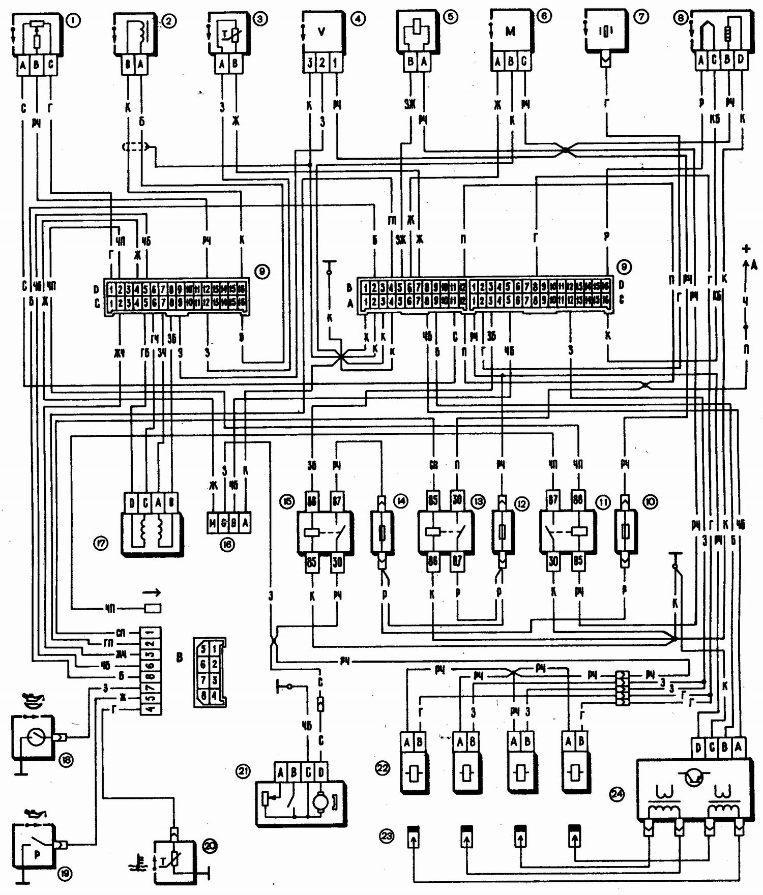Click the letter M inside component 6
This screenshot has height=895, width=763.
510,32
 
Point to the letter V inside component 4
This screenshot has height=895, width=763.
321,32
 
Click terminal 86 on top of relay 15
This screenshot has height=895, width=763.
311,501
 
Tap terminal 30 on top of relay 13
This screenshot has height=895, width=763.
457,500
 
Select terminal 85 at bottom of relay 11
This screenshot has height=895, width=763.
578,561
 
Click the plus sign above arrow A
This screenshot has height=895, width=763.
746,249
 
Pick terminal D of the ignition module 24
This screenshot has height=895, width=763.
698,748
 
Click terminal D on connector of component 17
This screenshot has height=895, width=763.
132,503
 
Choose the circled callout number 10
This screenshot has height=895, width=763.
650,502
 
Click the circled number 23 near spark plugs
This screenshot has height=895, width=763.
387,836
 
